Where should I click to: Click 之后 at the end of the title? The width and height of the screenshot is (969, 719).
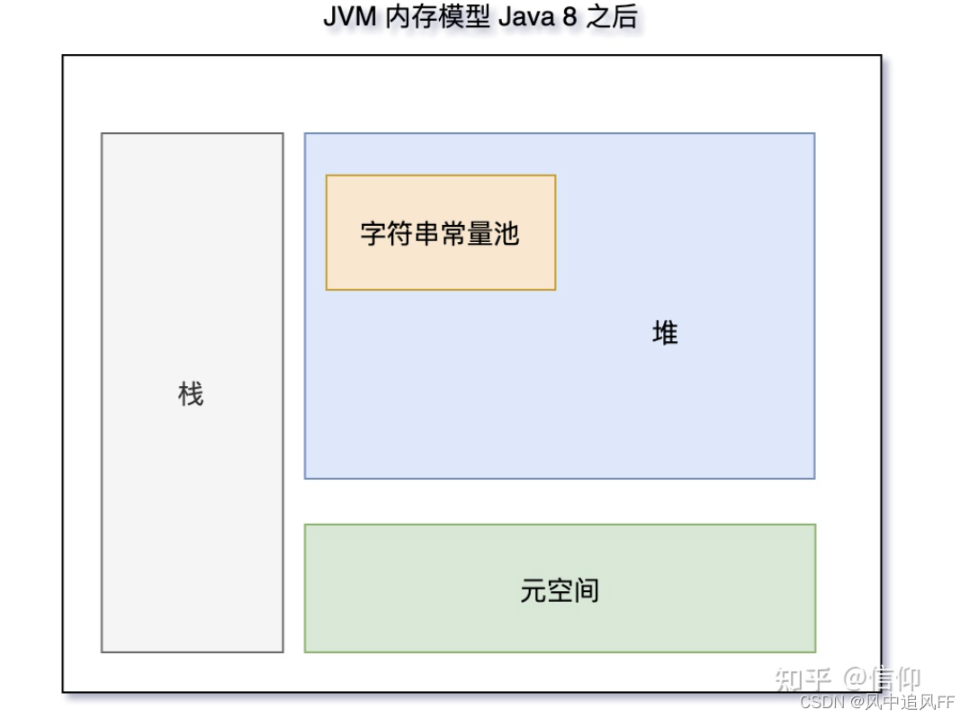[x=611, y=18]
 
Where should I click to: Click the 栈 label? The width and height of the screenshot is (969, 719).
[x=191, y=394]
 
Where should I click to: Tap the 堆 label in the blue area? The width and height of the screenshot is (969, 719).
[x=665, y=334]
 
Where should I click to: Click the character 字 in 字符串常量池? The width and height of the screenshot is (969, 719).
[x=373, y=234]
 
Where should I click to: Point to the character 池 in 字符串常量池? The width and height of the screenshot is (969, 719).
[x=507, y=234]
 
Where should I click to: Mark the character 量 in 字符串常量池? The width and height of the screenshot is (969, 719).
[x=480, y=234]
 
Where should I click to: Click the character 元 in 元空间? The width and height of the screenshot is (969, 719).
[x=533, y=590]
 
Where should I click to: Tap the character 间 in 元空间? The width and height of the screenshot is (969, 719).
[x=586, y=590]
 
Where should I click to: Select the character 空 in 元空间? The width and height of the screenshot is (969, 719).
[x=560, y=590]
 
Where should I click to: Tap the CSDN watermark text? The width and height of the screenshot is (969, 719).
[x=819, y=702]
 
